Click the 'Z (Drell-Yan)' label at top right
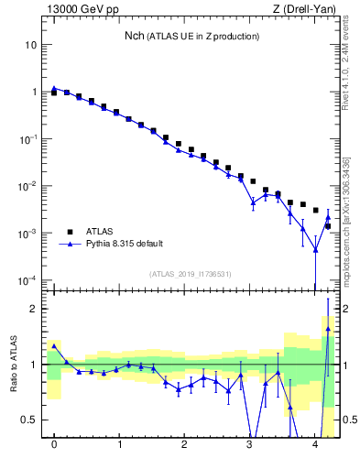coord(306,9)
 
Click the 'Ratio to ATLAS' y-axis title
coord(14,365)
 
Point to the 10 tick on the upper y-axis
coord(30,45)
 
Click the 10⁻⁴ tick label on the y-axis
coord(28,280)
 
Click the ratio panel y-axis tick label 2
coord(34,309)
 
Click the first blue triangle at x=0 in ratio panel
coord(54,345)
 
